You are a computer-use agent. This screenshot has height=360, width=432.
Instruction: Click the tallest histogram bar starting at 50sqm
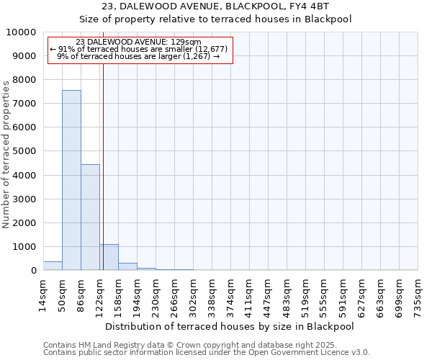point(71,180)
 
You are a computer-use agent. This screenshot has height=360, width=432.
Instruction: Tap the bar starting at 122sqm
point(109,257)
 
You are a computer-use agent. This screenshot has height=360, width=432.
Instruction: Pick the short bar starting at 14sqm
point(53,266)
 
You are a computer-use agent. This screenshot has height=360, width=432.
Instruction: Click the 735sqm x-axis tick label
point(418,294)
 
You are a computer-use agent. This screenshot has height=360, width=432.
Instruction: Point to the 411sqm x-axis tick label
point(250,294)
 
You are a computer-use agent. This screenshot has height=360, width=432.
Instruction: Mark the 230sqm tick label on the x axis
point(156,294)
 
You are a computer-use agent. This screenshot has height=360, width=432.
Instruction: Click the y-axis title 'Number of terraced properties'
point(6,155)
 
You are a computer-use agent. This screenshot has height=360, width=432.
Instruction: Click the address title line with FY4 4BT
point(215,6)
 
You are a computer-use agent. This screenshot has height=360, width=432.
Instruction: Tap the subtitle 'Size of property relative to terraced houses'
point(215,19)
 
